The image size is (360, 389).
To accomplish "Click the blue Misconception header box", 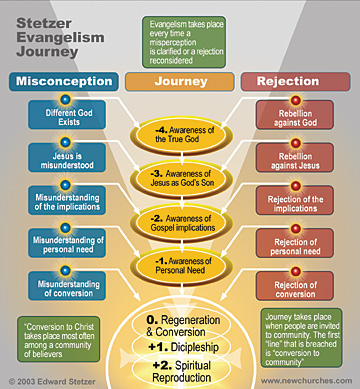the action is pos(64,82).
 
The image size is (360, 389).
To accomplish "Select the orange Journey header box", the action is pos(180,82).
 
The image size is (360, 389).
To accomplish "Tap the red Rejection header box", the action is pos(295,82).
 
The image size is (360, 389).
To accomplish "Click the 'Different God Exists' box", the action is pos(67,115).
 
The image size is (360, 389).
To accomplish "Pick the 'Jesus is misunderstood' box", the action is pos(67,158).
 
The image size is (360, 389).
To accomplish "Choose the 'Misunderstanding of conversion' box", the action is pos(67,286).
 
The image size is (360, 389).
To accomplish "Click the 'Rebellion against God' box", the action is pos(295,115).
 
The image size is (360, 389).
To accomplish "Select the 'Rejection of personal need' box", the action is pos(295,243).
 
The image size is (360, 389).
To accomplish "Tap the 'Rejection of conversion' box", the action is pos(295,286).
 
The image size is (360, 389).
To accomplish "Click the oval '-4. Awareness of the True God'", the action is pos(182,135).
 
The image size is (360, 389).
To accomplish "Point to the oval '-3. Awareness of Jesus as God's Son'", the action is pos(182,179).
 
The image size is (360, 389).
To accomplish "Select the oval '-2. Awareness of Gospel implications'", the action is pos(182,223).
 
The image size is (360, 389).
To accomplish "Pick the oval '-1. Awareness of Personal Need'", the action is pos(182,266).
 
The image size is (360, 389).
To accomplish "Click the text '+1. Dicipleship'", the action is pos(184,347).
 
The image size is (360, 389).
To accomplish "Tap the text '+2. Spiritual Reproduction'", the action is pos(182,371).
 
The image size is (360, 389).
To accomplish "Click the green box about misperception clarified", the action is pos(184,42).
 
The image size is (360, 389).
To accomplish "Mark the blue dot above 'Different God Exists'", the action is pos(65,99).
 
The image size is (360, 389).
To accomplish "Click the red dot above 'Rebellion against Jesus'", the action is pos(296,143).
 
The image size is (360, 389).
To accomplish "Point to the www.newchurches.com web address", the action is pos(306,381).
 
